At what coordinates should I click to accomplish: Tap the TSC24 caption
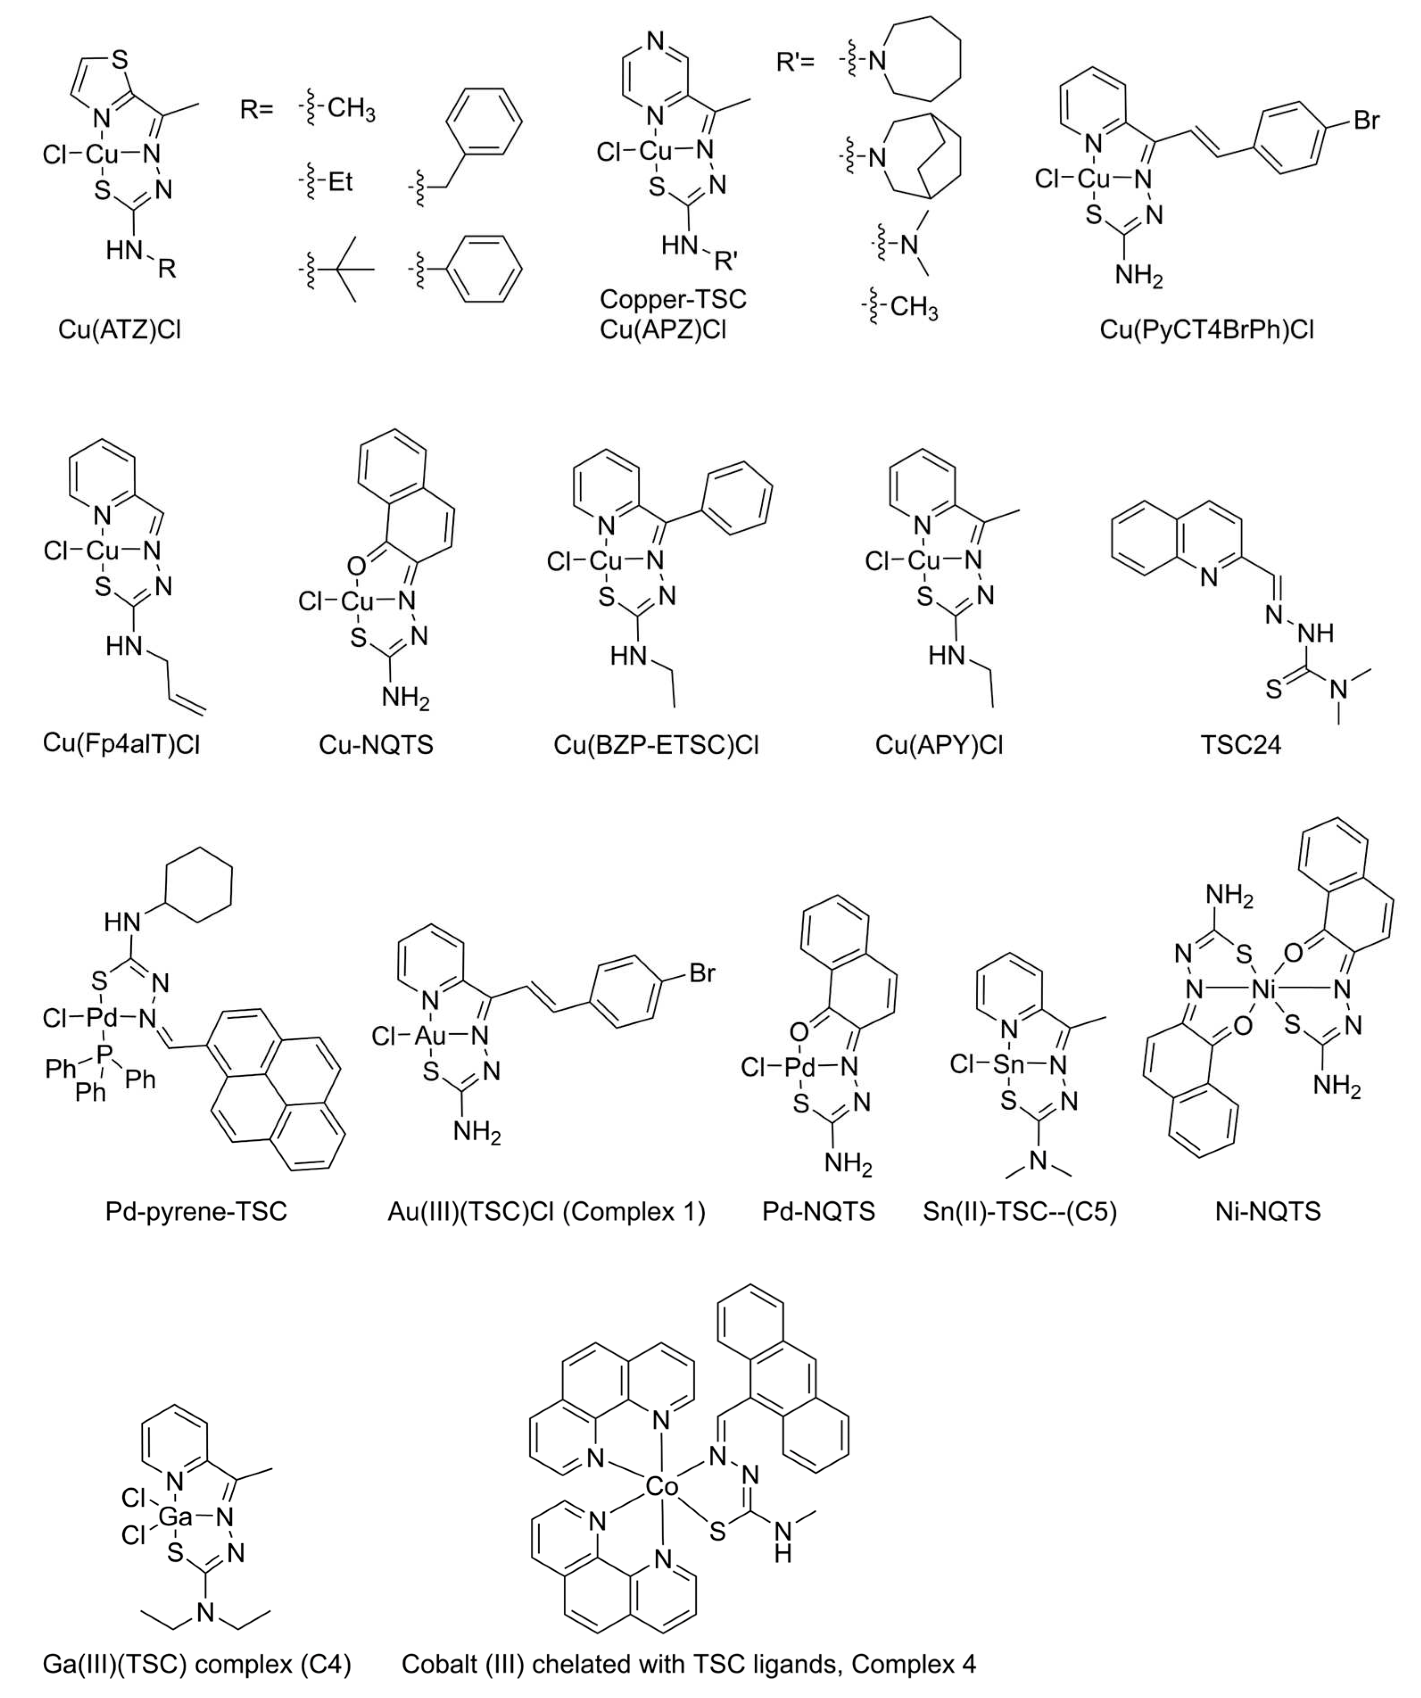tap(1241, 744)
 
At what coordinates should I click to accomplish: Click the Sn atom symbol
tap(1008, 1065)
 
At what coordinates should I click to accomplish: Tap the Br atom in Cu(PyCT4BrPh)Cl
tap(1366, 121)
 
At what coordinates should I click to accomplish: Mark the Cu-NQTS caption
tap(375, 744)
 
